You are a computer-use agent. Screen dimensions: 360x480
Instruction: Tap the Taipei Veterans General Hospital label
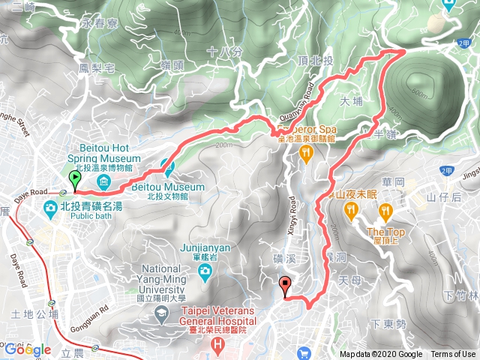pos(217,316)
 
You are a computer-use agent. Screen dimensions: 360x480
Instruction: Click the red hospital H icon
pos(217,346)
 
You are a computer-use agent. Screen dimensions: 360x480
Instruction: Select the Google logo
pos(27,349)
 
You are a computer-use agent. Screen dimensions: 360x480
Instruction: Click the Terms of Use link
pos(453,354)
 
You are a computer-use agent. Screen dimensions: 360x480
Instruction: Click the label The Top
pos(386,232)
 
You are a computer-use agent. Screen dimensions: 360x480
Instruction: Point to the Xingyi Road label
pos(292,211)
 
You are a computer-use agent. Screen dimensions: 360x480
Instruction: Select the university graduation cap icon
pos(161,311)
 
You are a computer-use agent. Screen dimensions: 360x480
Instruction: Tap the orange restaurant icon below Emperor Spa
pos(305,154)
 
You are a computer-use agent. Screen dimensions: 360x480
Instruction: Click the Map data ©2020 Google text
pos(380,354)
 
